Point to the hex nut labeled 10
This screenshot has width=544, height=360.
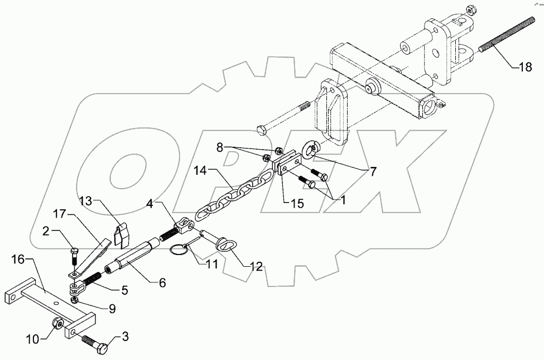(x=57, y=323)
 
